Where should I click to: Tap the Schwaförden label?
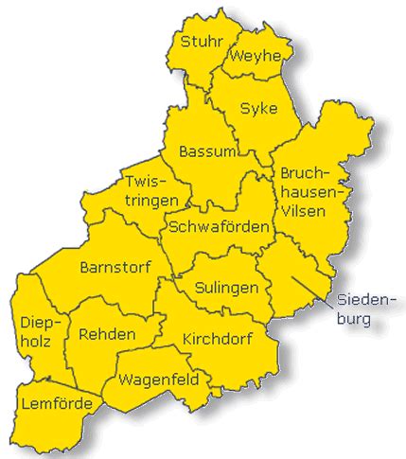[x=217, y=227]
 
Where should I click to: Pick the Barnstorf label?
[x=115, y=266]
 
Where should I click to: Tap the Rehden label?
[x=107, y=334]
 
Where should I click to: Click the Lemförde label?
[x=56, y=405]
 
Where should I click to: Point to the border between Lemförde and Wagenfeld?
[x=100, y=395]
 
